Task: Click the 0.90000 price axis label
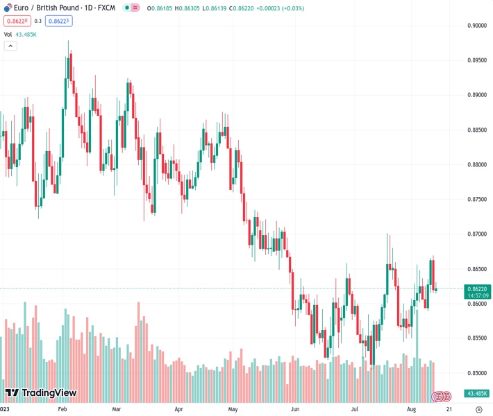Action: (x=476, y=26)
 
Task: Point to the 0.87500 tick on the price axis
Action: (x=476, y=200)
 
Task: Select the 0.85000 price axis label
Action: (x=476, y=373)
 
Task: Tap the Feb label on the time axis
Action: (x=62, y=410)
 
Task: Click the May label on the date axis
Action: (x=233, y=410)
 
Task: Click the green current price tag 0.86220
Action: (x=478, y=288)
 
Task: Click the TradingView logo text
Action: (x=41, y=393)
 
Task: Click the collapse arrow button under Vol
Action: (x=10, y=46)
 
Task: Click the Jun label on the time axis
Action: (x=295, y=410)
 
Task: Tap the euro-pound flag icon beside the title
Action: (x=128, y=8)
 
